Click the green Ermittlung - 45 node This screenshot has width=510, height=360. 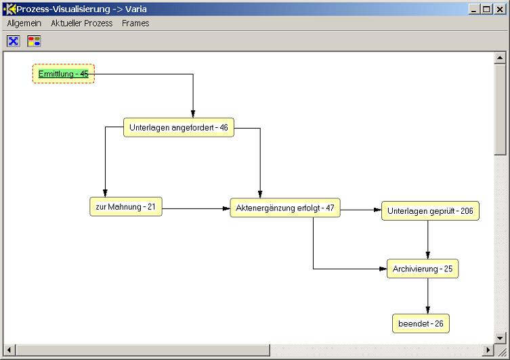(x=64, y=74)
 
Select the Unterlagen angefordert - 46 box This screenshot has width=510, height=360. (x=179, y=127)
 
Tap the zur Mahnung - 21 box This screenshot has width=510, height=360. (x=126, y=206)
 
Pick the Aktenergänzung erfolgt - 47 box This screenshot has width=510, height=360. (x=285, y=208)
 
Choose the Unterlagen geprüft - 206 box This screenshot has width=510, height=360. (x=430, y=211)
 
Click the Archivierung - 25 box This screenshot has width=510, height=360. (x=423, y=269)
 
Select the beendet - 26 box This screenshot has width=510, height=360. (x=421, y=323)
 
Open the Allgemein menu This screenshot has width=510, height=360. (x=24, y=24)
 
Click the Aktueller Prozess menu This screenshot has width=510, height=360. (x=82, y=24)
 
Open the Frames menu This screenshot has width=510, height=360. (x=135, y=24)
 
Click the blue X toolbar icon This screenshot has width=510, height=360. (x=14, y=41)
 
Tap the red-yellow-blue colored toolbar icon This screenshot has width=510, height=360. (x=34, y=41)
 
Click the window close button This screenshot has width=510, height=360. (x=500, y=9)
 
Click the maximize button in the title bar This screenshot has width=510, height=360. (x=486, y=9)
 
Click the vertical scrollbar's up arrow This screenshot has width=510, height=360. (x=500, y=58)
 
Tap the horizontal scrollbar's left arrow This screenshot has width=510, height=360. (x=9, y=350)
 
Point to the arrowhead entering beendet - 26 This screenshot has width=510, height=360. (x=428, y=310)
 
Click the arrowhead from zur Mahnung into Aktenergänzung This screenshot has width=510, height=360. (x=226, y=208)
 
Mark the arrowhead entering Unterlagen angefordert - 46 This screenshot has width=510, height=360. (x=193, y=114)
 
